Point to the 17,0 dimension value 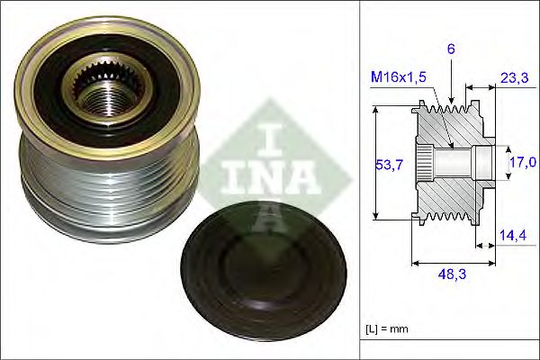pyautogui.click(x=521, y=163)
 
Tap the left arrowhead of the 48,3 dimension pyautogui.click(x=415, y=263)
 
